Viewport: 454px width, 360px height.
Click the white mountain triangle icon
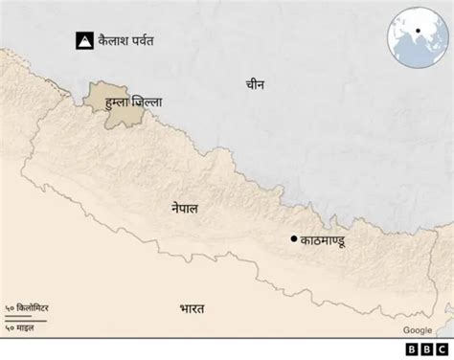85,41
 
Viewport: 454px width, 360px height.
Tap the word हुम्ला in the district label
119,100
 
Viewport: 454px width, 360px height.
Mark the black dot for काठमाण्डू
293,238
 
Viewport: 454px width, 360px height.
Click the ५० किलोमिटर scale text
33,307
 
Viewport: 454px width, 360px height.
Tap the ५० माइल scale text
26,328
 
